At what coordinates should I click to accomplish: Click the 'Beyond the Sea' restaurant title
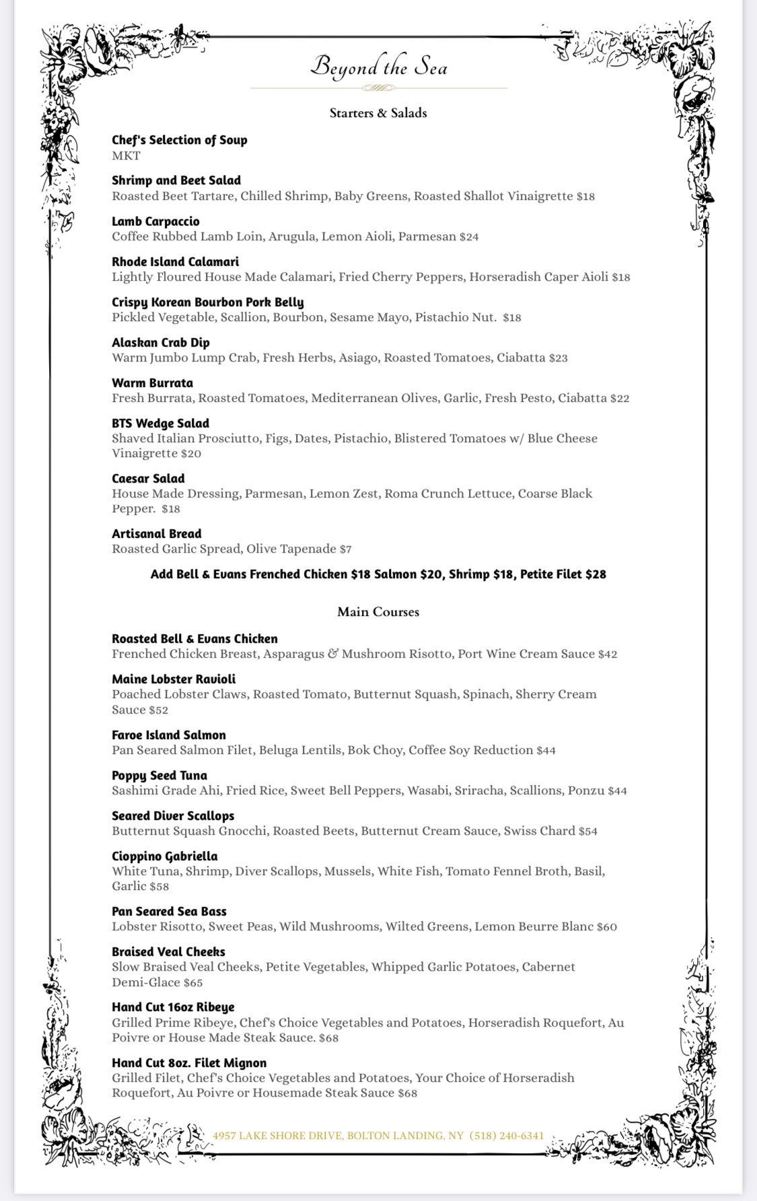click(x=378, y=67)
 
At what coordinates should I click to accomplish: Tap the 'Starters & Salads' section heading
click(x=378, y=113)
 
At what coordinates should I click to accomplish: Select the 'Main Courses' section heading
click(x=378, y=612)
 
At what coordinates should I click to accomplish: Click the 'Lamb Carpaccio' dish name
click(x=155, y=221)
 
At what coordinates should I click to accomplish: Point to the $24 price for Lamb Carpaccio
click(x=469, y=237)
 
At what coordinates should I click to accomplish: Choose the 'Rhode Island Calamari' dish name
click(x=175, y=262)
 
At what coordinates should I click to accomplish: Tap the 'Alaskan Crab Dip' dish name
click(x=161, y=343)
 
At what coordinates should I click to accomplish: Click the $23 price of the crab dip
click(x=558, y=358)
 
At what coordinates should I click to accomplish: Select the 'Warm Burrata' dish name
click(x=152, y=383)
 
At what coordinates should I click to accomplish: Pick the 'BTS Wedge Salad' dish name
click(x=160, y=423)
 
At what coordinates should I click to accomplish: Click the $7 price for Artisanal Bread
click(x=346, y=549)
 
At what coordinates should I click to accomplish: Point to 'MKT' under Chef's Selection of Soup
click(x=126, y=156)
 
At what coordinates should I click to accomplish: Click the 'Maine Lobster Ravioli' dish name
click(x=174, y=679)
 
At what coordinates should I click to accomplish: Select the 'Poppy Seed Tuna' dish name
click(x=159, y=776)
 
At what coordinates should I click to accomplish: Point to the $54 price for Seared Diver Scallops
click(x=588, y=831)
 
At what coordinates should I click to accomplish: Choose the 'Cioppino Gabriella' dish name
click(x=165, y=856)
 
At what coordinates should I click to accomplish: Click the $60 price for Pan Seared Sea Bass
click(x=607, y=927)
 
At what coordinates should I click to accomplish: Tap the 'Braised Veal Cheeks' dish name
click(x=168, y=952)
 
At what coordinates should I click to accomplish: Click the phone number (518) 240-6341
click(x=507, y=1136)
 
